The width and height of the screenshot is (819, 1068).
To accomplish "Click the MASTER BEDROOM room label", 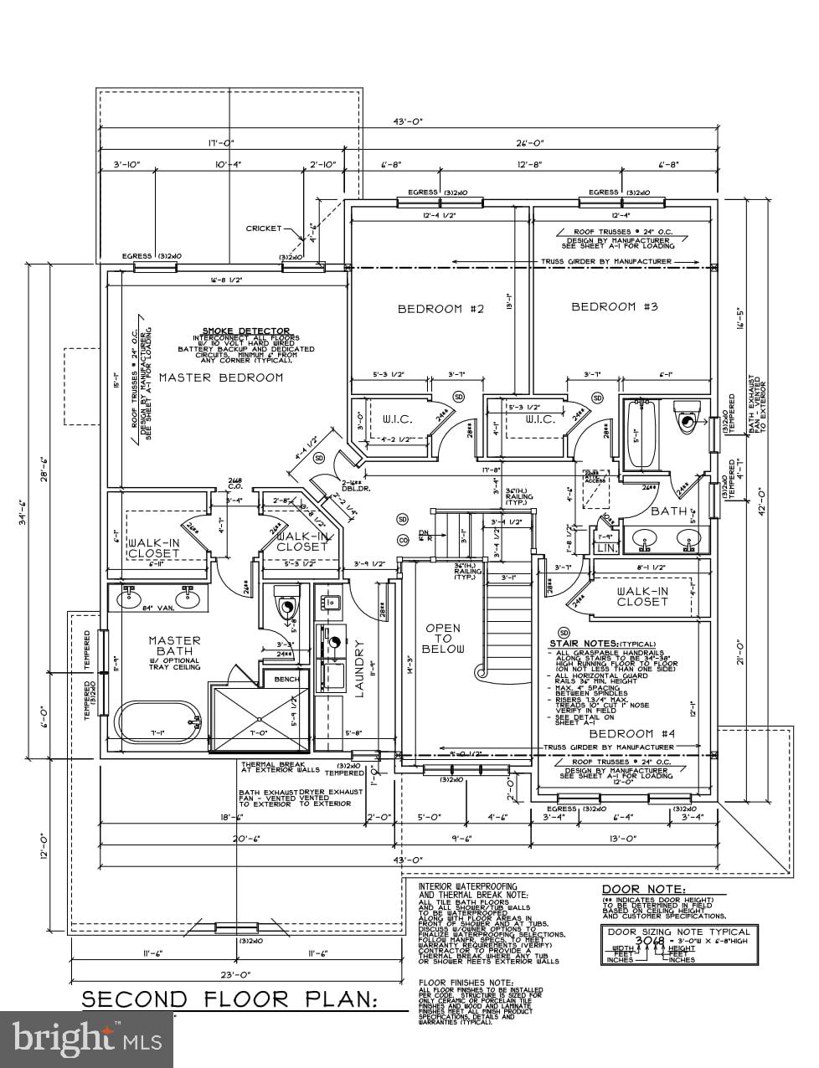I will click(221, 377).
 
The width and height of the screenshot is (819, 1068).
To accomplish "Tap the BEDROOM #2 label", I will click(440, 309).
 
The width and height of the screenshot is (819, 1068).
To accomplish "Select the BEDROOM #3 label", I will click(615, 307).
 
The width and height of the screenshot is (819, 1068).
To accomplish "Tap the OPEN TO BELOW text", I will click(442, 638).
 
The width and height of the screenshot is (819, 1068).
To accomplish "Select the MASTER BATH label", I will click(175, 645).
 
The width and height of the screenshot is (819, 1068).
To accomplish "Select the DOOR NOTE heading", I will click(643, 889).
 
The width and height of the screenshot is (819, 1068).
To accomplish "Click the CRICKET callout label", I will click(264, 228).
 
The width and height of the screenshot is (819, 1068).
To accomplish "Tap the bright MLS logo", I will click(87, 1040).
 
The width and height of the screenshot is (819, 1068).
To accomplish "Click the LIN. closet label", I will click(605, 547).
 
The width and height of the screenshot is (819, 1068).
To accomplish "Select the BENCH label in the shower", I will click(286, 679).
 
